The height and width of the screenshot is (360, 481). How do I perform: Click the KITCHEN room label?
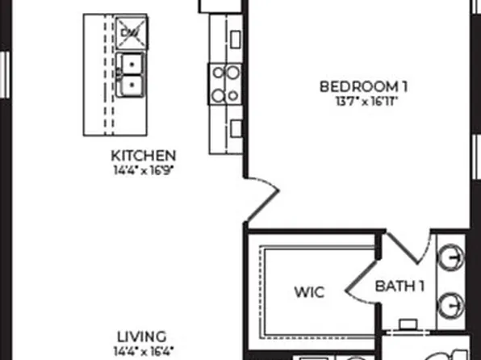[x=143, y=155]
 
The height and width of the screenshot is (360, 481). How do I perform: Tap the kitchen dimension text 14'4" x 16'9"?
[x=143, y=170]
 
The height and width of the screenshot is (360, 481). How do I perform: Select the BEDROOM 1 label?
[x=359, y=86]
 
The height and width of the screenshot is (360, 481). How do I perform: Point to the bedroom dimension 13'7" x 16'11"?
[x=359, y=101]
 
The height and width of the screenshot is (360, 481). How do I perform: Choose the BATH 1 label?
[x=400, y=285]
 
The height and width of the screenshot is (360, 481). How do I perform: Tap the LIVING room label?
[x=142, y=337]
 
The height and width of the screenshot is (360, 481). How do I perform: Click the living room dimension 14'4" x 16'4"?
[x=142, y=351]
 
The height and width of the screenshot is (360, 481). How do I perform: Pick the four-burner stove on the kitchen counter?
[x=224, y=84]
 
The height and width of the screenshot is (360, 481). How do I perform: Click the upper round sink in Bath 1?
[x=454, y=258]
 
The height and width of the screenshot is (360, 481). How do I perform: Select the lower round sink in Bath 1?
[x=454, y=304]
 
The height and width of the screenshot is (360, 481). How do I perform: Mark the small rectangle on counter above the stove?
[x=235, y=38]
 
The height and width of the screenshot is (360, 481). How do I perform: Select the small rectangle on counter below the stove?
[x=235, y=128]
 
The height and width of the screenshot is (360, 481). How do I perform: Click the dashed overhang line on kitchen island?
[x=107, y=77]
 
